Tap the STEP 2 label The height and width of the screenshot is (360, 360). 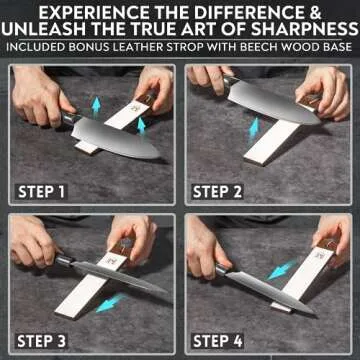[x=225, y=191]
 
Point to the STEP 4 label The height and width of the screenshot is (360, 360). [x=225, y=339]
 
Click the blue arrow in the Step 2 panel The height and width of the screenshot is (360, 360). [x=255, y=128]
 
